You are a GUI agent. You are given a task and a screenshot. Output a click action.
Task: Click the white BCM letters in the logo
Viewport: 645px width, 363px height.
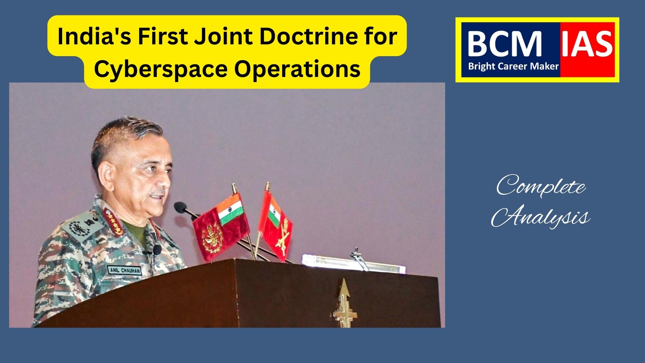pos(504,44)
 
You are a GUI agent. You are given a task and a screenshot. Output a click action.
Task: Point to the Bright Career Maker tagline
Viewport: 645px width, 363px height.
pos(513,66)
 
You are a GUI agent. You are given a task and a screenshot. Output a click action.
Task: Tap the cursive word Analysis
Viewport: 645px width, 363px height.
pos(541,217)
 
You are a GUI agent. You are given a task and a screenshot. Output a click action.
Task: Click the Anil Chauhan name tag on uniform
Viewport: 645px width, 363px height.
pos(124,270)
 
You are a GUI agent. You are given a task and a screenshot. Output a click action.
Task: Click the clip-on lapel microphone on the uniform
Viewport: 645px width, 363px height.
pos(157,250)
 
